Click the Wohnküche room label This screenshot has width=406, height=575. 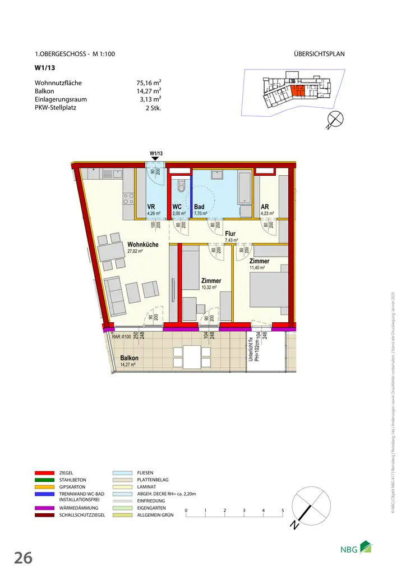click(142, 245)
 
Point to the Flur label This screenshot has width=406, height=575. click(230, 234)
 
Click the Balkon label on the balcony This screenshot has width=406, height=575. click(129, 358)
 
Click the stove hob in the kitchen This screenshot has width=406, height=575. click(128, 198)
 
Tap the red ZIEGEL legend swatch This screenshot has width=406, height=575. click(44, 473)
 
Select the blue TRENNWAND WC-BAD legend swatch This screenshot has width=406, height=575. click(44, 494)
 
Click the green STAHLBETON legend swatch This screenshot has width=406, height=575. click(44, 481)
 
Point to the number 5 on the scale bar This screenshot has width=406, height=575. click(283, 510)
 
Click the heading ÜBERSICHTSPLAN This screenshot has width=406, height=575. click(319, 54)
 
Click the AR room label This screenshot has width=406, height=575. click(265, 207)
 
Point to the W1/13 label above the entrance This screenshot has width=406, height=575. click(156, 153)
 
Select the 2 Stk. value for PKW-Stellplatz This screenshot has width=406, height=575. click(153, 107)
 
